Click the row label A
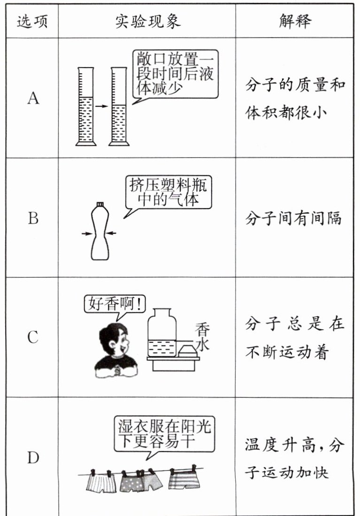click(x=33, y=99)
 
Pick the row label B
click(x=33, y=219)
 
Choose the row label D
click(x=33, y=458)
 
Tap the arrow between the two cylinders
click(x=102, y=107)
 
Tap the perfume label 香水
click(x=202, y=337)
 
